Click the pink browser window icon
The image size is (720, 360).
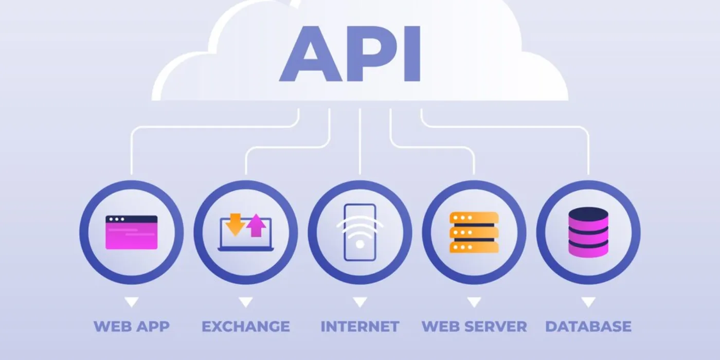[x=131, y=232]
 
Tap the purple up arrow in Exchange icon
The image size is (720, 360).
[x=256, y=227]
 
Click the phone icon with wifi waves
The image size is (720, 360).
[x=360, y=232]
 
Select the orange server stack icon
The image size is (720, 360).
[x=474, y=232]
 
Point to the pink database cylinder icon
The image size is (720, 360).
[x=588, y=232]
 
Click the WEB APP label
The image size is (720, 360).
[x=131, y=326]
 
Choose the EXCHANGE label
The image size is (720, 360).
[x=245, y=326]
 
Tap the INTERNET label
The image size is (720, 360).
[x=359, y=326]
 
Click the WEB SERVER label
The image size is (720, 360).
[x=474, y=326]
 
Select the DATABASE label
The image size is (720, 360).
[x=588, y=326]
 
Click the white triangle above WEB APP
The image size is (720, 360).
[x=132, y=302]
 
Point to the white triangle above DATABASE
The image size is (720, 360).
[x=588, y=302]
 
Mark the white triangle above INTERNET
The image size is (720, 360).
[x=360, y=302]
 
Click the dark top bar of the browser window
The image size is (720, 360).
[x=131, y=219]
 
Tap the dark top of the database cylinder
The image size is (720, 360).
[x=588, y=212]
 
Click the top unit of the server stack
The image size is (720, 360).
[x=474, y=218]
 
